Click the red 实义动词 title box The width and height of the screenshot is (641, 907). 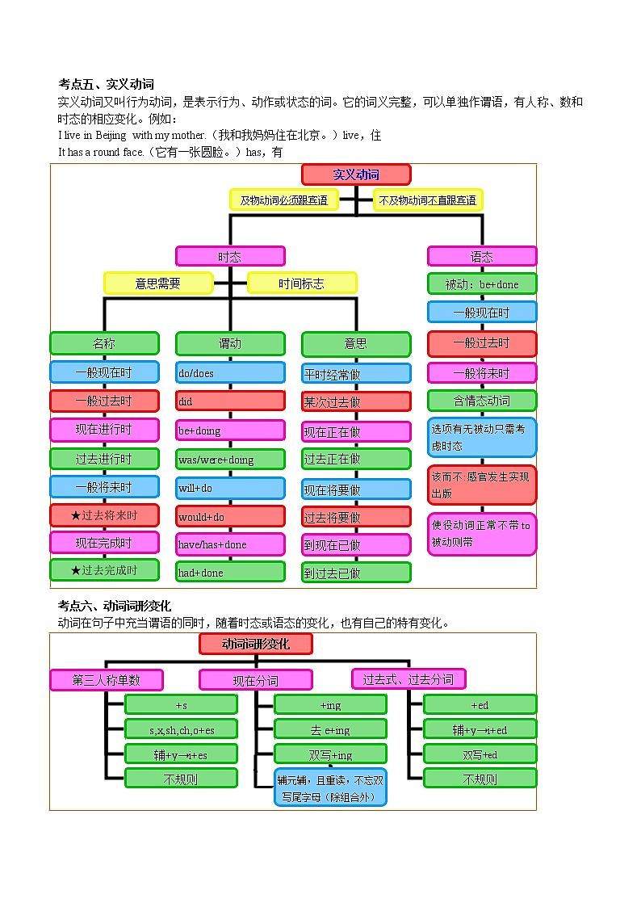click(x=356, y=174)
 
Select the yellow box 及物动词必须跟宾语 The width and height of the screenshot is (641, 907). click(x=283, y=199)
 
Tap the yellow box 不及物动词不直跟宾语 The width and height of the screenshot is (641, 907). click(x=428, y=199)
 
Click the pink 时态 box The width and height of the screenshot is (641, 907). click(x=230, y=256)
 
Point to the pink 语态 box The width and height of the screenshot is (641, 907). click(x=482, y=256)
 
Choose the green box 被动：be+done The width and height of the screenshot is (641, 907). click(x=482, y=284)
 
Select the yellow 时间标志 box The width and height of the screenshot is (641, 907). click(x=302, y=283)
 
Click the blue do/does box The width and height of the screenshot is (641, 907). click(x=230, y=372)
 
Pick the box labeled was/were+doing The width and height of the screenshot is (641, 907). click(x=230, y=460)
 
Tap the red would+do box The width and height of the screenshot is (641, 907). click(x=230, y=516)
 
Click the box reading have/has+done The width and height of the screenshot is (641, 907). click(x=230, y=544)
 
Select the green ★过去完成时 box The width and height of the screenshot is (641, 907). click(x=104, y=570)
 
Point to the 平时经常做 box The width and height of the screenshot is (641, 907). click(x=356, y=374)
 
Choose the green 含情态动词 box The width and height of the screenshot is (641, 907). click(x=482, y=400)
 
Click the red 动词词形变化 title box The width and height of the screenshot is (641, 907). click(x=256, y=644)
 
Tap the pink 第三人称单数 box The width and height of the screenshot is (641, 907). click(x=107, y=679)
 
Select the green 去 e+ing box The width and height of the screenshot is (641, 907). click(x=331, y=729)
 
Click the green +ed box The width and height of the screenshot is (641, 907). click(x=480, y=704)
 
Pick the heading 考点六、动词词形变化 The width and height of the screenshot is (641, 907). click(x=115, y=606)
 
